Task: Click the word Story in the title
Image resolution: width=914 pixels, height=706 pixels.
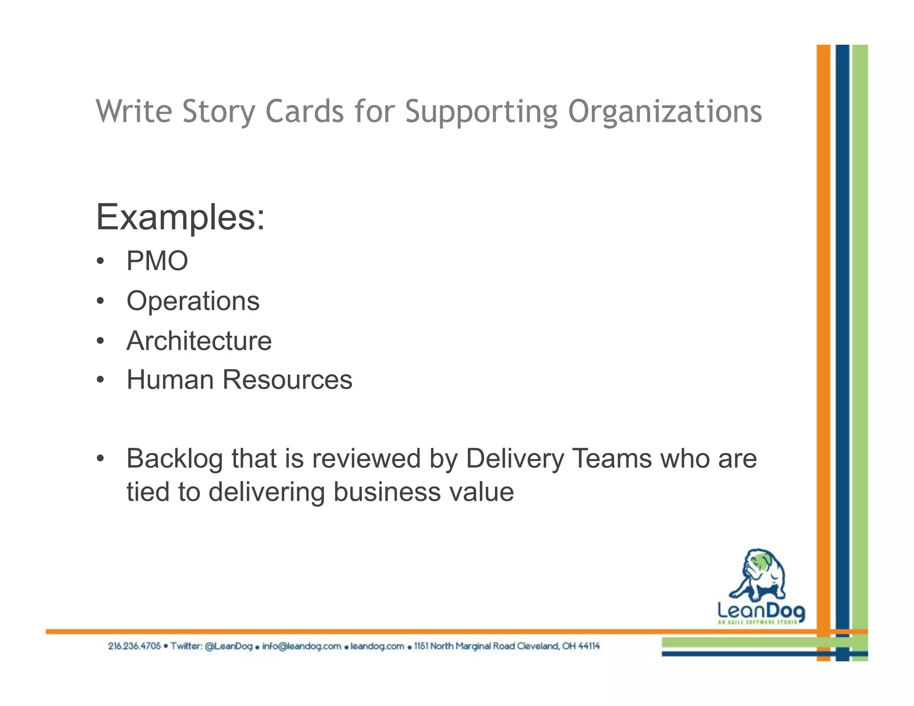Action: tap(219, 111)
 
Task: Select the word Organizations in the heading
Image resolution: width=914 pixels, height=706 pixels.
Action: tap(665, 111)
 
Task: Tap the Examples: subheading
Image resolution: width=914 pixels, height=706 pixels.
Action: tap(180, 217)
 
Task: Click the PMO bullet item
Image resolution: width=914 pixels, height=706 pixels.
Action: tap(157, 261)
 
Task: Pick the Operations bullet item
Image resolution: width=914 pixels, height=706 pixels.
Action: tap(193, 301)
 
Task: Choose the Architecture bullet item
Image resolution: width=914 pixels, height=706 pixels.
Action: tap(199, 341)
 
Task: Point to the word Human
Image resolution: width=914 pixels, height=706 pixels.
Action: tap(170, 380)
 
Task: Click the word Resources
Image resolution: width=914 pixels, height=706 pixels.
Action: tap(287, 380)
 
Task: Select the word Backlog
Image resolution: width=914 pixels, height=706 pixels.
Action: tap(174, 459)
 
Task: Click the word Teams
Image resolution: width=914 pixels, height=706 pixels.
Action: tap(611, 459)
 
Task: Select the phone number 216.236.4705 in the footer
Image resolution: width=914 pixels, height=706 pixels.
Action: tap(134, 646)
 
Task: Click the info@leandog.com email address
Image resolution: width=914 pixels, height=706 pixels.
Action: tap(301, 646)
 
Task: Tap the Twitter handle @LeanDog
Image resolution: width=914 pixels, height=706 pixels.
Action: tap(228, 646)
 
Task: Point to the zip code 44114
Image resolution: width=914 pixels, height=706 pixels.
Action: tap(589, 646)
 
